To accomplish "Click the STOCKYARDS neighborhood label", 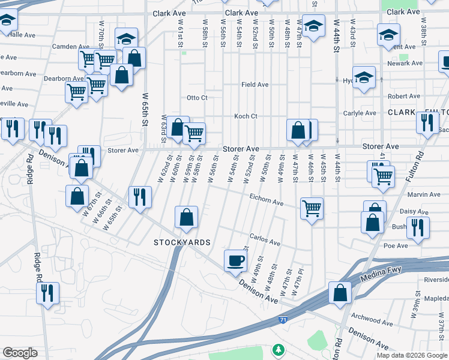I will (182, 242).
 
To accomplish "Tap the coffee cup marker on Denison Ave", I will (235, 261).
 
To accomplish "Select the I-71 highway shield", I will (282, 304).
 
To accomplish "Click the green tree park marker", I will (278, 349).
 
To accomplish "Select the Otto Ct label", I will (197, 98).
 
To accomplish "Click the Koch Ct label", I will (246, 116).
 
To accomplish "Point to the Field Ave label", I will (255, 85).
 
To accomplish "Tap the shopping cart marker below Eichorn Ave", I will (312, 209).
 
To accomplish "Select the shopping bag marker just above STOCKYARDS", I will (187, 217).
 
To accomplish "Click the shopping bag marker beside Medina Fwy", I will (340, 293).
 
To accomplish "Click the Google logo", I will (20, 353).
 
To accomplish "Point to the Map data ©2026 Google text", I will (411, 355).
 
